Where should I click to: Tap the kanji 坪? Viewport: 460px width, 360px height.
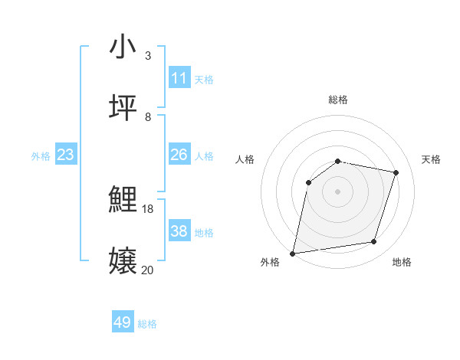coord(123,108)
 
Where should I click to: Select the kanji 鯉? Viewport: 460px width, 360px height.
coord(123,201)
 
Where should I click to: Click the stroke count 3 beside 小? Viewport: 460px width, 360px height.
coord(147,55)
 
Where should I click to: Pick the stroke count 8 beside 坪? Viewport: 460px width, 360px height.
coord(147,116)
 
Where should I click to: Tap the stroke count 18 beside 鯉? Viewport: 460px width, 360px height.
coord(148,209)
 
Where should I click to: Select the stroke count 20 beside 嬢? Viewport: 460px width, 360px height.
coord(148,270)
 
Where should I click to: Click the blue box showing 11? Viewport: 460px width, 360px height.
coord(179,78)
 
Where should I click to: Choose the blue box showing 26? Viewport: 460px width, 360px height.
coord(179,155)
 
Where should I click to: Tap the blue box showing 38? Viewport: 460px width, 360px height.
coord(179,231)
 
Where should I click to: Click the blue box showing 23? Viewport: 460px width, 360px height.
coord(66,155)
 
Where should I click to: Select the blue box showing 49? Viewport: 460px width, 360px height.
coord(123,322)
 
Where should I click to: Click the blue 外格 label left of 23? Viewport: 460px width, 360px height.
coord(41,156)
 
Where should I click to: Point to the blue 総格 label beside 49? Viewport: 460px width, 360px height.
coord(147,324)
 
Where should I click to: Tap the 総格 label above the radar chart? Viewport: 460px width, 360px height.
coord(338,100)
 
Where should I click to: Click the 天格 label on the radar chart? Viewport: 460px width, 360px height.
coord(431,159)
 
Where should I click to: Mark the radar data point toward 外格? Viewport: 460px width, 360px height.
coord(293,253)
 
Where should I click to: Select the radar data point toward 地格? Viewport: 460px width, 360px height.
coord(374,242)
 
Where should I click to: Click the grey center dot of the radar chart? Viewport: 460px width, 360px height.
coord(338,191)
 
